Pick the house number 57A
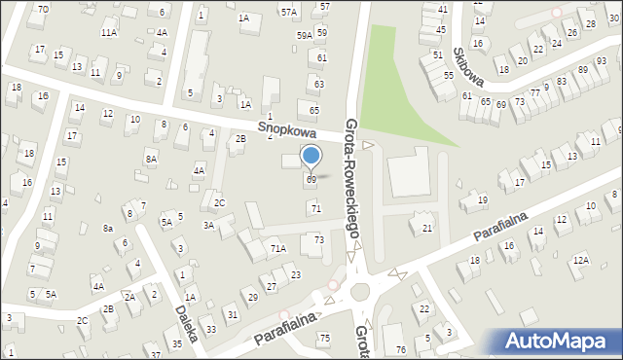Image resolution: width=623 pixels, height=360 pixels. click(x=289, y=13)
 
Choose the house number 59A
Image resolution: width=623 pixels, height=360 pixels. click(x=305, y=35)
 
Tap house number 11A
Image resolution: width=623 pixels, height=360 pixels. click(x=108, y=32)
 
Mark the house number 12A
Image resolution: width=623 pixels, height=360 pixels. click(x=581, y=261)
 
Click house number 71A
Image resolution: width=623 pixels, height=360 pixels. click(x=277, y=249)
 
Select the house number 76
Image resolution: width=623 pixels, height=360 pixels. click(x=400, y=349)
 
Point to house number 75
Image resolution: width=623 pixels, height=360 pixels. click(x=324, y=338)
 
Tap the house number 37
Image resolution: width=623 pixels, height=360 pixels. click(x=156, y=354)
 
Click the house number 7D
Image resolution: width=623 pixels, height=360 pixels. click(x=42, y=9)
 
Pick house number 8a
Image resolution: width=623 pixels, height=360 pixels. click(x=108, y=228)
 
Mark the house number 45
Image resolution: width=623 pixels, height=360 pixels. click(x=440, y=30)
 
